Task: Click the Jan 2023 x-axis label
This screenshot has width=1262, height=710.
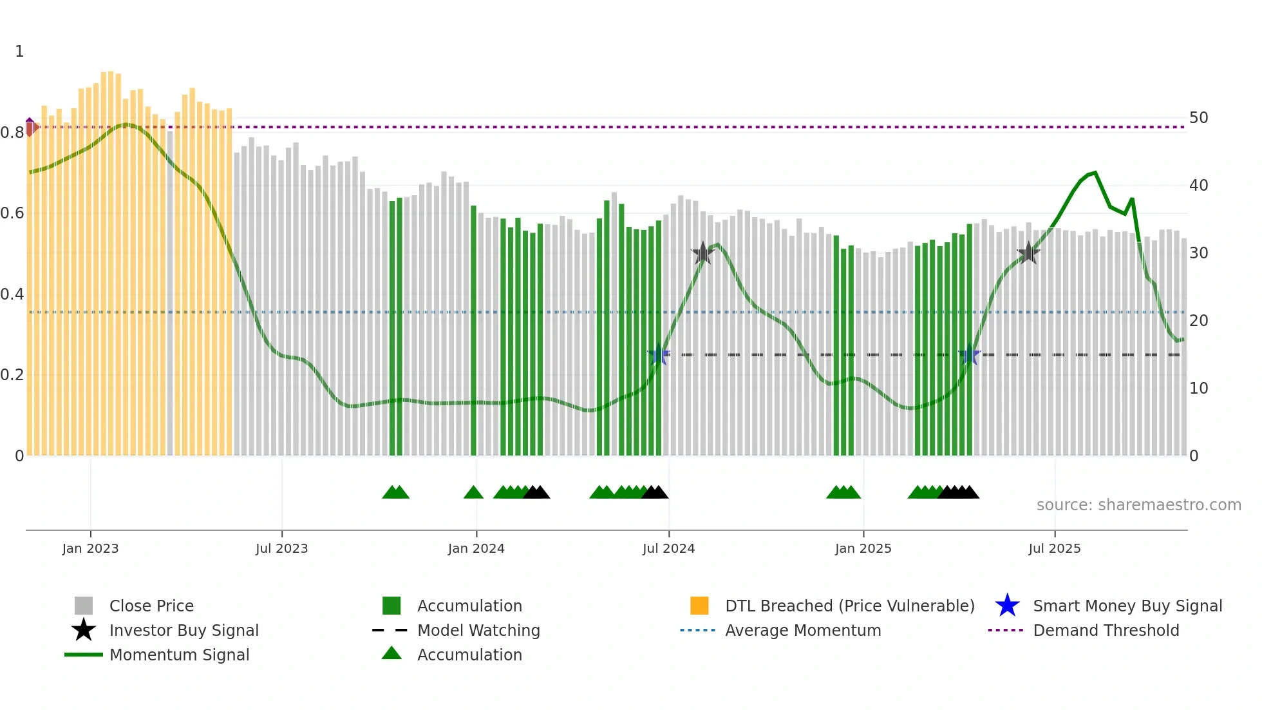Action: pyautogui.click(x=90, y=548)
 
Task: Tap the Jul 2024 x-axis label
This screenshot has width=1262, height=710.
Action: pyautogui.click(x=668, y=548)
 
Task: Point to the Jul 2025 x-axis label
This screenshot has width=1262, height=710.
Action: pyautogui.click(x=1054, y=548)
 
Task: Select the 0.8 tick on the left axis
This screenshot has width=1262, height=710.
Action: pyautogui.click(x=12, y=133)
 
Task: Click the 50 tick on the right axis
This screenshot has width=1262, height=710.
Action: pyautogui.click(x=1198, y=118)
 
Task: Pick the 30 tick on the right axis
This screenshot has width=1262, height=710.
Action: pyautogui.click(x=1198, y=253)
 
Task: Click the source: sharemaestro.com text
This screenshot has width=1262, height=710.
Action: pyautogui.click(x=1138, y=505)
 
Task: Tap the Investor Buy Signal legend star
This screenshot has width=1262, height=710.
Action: pyautogui.click(x=84, y=630)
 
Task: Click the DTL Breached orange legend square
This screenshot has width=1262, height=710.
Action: pyautogui.click(x=699, y=606)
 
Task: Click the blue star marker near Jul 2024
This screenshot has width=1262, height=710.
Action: pyautogui.click(x=658, y=354)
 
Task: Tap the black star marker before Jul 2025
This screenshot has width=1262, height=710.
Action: pyautogui.click(x=1028, y=253)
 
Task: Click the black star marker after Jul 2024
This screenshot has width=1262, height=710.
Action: pyautogui.click(x=702, y=253)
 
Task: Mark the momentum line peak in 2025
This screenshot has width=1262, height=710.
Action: pyautogui.click(x=1095, y=173)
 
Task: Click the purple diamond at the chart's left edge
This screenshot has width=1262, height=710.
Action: pyautogui.click(x=30, y=127)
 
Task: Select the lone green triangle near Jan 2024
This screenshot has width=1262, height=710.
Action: pyautogui.click(x=473, y=493)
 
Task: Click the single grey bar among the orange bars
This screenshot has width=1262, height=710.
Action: pyautogui.click(x=170, y=293)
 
